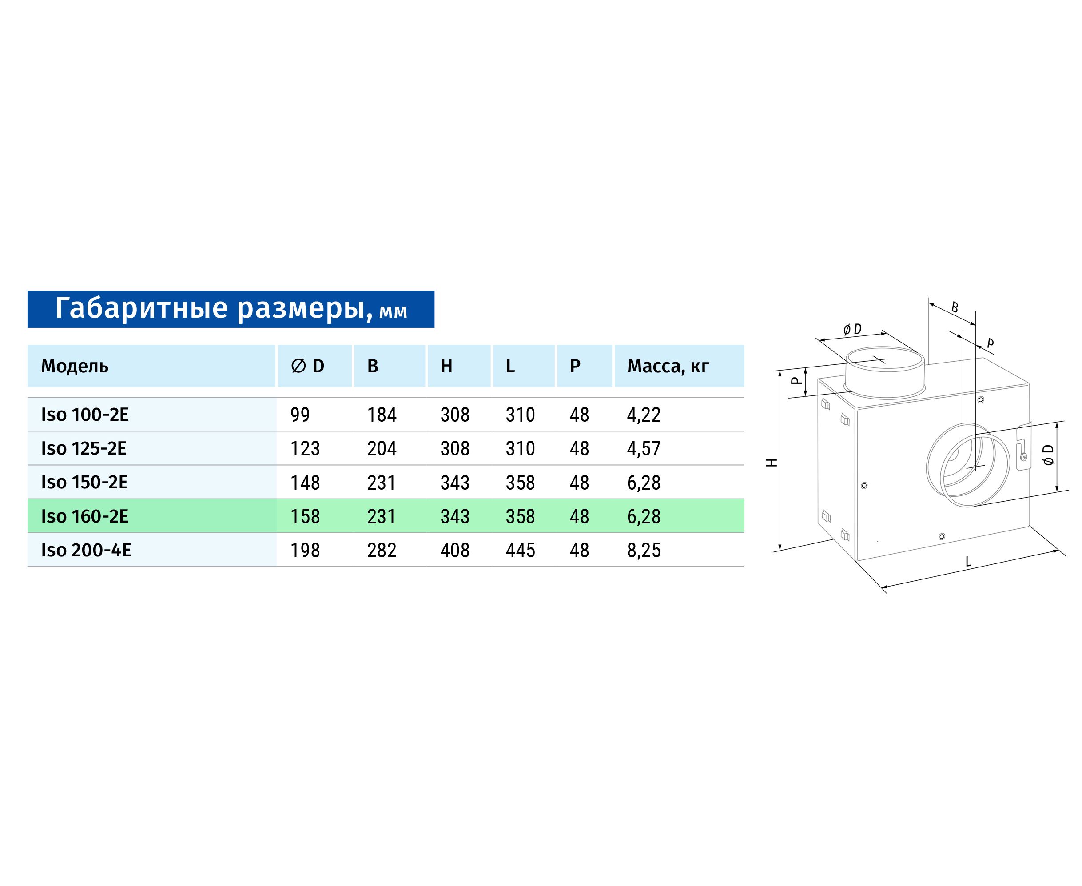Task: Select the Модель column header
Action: (75, 366)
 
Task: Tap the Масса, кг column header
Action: (668, 366)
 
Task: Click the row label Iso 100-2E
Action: (85, 415)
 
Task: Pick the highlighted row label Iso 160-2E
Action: (85, 516)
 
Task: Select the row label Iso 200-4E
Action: (86, 550)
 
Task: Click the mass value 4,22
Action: (644, 415)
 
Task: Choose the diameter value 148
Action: (305, 482)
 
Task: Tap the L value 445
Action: (520, 550)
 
